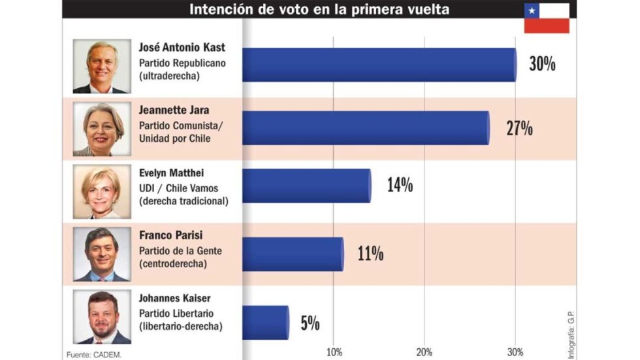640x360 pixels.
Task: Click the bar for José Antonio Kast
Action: (x=379, y=65)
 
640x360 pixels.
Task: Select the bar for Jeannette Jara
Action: (x=366, y=127)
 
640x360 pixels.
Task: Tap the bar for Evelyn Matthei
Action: (x=307, y=186)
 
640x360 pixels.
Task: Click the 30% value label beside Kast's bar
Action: (x=542, y=64)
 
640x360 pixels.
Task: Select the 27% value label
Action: (x=519, y=128)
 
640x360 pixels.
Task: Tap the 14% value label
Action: (x=400, y=186)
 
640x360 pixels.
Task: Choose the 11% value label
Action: (x=370, y=254)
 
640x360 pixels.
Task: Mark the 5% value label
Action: (x=310, y=323)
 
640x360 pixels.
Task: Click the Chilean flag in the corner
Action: (x=547, y=18)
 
